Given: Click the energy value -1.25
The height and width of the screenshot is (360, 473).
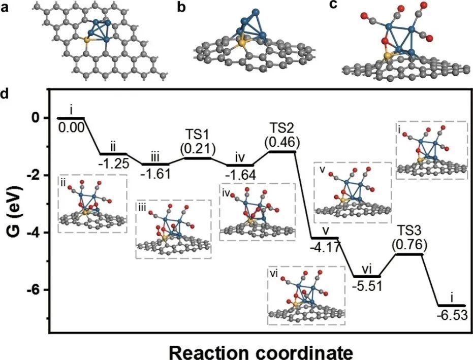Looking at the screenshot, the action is [114, 163].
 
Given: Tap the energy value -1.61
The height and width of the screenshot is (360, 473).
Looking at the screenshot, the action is [155, 174].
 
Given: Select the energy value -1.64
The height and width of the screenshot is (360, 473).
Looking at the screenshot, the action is [241, 175].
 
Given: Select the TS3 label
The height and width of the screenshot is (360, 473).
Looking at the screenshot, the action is [409, 233].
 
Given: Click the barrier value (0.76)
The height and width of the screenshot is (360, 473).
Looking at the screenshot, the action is [409, 246].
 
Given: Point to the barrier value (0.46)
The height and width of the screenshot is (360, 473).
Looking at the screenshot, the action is [282, 142].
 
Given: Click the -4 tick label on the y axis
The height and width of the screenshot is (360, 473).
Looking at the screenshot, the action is [35, 233].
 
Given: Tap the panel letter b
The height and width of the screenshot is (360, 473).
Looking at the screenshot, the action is [181, 8].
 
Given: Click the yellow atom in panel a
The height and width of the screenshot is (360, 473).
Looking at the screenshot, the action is [86, 40].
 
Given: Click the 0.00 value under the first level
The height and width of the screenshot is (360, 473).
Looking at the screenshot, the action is [72, 128].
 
